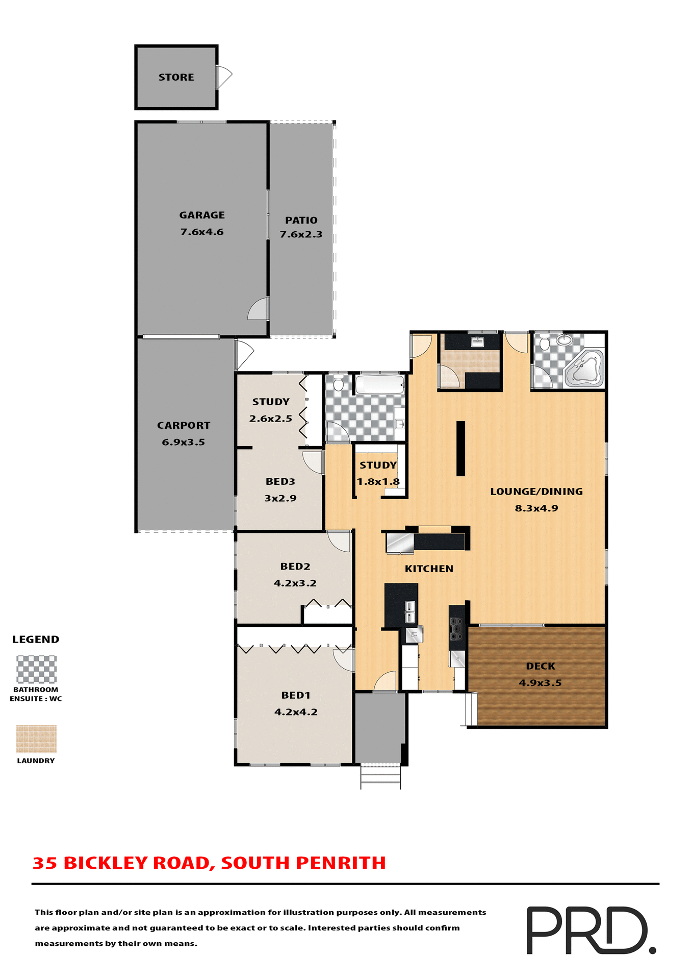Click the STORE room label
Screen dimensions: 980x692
pyautogui.click(x=176, y=77)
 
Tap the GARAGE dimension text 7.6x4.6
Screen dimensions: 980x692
pyautogui.click(x=202, y=232)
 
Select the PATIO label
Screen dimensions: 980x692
pyautogui.click(x=301, y=220)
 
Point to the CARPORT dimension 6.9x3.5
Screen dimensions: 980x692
pyautogui.click(x=183, y=442)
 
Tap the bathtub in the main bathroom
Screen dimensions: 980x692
pyautogui.click(x=379, y=385)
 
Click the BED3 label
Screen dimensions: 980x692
pyautogui.click(x=280, y=481)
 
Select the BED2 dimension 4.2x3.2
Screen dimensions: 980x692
pyautogui.click(x=295, y=583)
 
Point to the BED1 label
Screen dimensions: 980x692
pyautogui.click(x=296, y=695)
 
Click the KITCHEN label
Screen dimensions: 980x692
pyautogui.click(x=429, y=569)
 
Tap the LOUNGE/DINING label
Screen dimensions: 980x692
pyautogui.click(x=536, y=492)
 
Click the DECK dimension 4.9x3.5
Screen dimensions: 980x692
pyautogui.click(x=540, y=682)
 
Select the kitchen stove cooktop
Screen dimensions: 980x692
pyautogui.click(x=456, y=629)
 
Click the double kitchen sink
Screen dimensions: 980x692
pyautogui.click(x=410, y=611)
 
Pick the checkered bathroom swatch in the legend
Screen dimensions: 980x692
pyautogui.click(x=36, y=669)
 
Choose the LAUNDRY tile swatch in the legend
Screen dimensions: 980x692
pyautogui.click(x=36, y=739)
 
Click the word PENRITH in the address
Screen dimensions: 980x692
pyautogui.click(x=341, y=863)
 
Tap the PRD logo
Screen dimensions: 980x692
pyautogui.click(x=590, y=930)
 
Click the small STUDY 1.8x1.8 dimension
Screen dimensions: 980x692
pyautogui.click(x=378, y=481)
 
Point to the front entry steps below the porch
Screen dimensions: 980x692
pyautogui.click(x=380, y=777)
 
